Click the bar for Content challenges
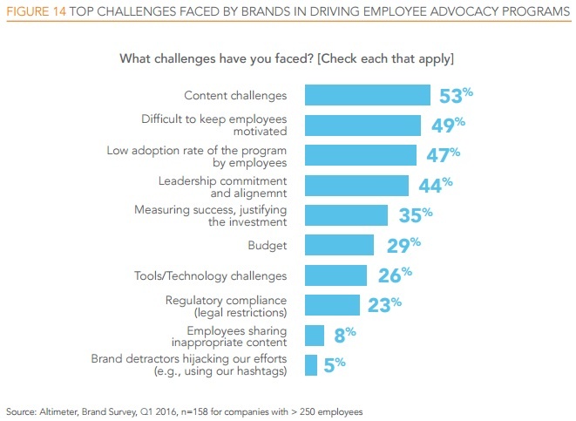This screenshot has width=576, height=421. pos(367,95)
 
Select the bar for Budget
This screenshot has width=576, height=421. pos(339,246)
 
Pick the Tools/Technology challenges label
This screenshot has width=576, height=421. pos(227,276)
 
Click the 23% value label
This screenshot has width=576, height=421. pos(383,304)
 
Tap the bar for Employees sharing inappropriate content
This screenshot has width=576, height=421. pos(314,336)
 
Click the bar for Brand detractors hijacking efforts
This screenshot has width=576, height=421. pos(310,365)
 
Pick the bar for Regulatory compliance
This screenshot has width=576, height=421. pos(332,304)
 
